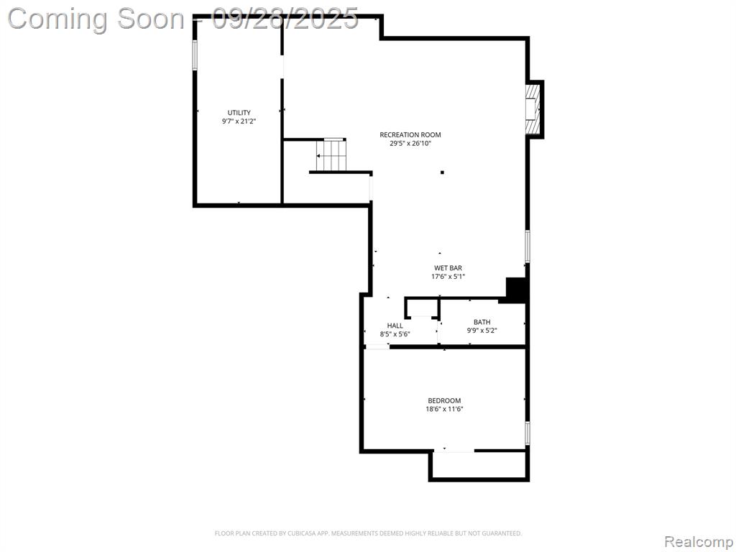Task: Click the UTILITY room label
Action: point(239,113)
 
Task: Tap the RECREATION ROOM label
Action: point(410,134)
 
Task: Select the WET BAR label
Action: point(448,268)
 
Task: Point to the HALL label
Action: point(395,326)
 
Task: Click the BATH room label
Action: point(482,322)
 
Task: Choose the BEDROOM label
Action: point(444,400)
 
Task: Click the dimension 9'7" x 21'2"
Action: point(239,121)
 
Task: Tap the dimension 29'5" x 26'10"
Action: point(410,143)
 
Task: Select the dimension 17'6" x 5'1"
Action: point(448,277)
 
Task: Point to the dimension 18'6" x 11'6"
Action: point(444,409)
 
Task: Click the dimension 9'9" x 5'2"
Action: point(482,331)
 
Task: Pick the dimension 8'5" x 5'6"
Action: point(395,334)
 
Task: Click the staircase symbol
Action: point(331,155)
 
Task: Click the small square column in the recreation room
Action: point(442,172)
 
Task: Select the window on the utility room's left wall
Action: point(195,55)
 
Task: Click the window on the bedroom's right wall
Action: point(528,433)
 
